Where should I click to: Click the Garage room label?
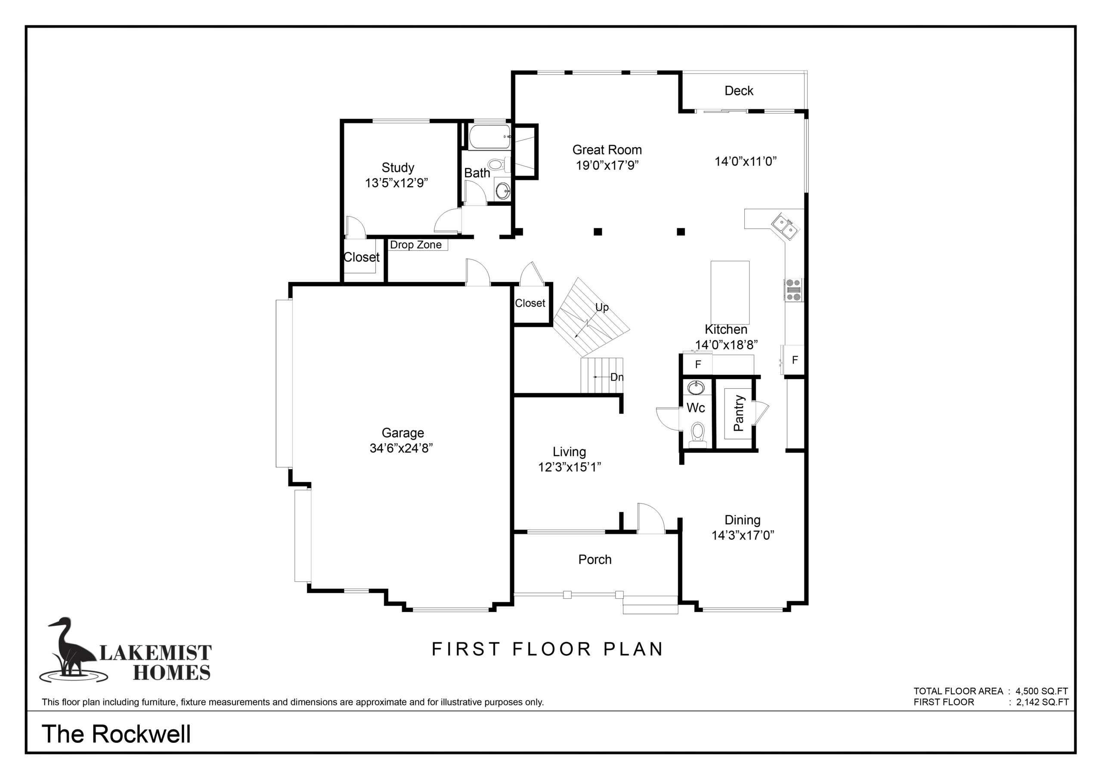click(x=402, y=433)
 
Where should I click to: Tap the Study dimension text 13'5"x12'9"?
click(x=396, y=183)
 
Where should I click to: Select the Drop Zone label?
click(x=416, y=245)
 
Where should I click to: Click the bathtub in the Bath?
click(x=489, y=137)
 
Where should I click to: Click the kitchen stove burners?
click(x=793, y=290)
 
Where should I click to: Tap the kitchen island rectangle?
click(x=730, y=292)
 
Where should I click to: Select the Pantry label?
click(x=739, y=413)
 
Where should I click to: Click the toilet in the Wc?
click(x=697, y=434)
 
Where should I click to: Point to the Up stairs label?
click(x=602, y=307)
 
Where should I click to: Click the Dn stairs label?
click(x=617, y=377)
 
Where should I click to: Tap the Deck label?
click(x=739, y=91)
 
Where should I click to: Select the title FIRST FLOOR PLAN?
click(x=548, y=649)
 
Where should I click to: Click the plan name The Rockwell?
click(x=116, y=734)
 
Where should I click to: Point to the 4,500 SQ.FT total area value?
click(x=1042, y=691)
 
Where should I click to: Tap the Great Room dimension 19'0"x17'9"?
click(x=607, y=166)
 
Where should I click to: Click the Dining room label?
click(x=743, y=520)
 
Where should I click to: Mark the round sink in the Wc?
click(x=696, y=386)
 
